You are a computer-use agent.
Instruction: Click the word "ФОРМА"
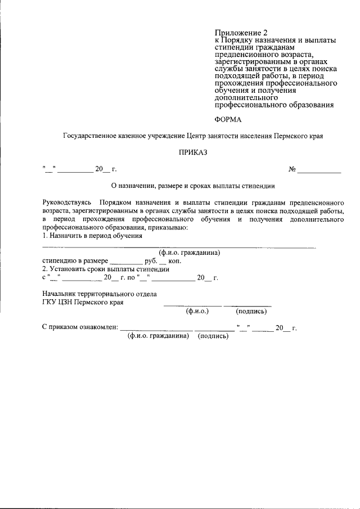(x=228, y=119)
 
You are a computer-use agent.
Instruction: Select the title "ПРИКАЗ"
(x=193, y=152)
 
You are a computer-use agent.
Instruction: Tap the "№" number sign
(x=292, y=169)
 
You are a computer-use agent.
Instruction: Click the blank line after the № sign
(x=319, y=170)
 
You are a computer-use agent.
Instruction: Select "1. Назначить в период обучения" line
(x=92, y=236)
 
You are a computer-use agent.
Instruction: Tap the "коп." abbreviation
(x=176, y=261)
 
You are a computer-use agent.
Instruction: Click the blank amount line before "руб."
(x=127, y=263)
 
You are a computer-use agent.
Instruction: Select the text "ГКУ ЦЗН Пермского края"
(x=83, y=302)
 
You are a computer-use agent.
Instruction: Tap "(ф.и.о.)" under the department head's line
(x=197, y=311)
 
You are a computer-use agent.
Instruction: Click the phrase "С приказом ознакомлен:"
(x=80, y=327)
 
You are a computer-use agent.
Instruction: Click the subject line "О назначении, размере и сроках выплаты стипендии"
(x=193, y=185)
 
